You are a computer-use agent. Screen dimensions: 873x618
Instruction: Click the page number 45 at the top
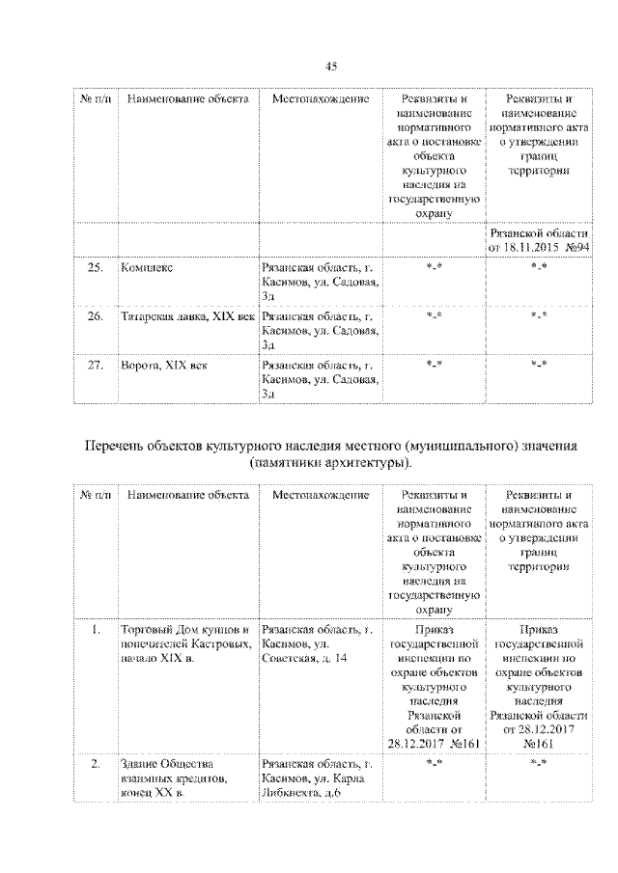point(330,66)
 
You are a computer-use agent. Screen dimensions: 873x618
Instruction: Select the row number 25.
point(95,266)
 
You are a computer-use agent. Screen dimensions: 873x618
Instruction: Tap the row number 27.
point(95,365)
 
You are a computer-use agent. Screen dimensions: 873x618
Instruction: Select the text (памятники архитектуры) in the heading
point(330,464)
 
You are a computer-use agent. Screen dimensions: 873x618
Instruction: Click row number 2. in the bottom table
point(95,764)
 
